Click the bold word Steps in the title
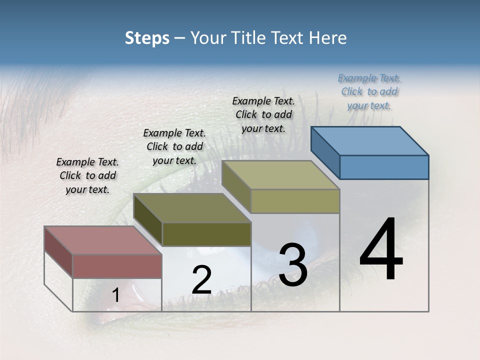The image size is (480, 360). pos(147,38)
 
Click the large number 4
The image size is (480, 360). pos(381,250)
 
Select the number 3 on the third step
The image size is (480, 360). pos(293,265)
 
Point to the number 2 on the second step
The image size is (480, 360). pos(201,280)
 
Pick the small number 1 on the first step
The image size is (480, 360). pos(115,295)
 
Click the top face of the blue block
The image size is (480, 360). pos(370,140)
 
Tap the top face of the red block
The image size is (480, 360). pos(102,240)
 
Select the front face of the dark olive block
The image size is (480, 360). pos(206,234)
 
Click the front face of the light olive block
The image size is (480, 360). pos(295,201)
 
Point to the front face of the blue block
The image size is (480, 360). pos(384,167)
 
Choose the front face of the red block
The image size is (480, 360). pos(117,266)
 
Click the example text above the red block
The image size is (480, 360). pos(87,175)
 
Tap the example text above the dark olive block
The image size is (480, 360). pos(174,146)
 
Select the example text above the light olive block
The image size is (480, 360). pos(263,114)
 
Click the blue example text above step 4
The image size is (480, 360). pos(369,91)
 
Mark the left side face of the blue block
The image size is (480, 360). pos(325,152)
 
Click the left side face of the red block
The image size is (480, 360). pos(58,252)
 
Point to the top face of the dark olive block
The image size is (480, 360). pos(192,207)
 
